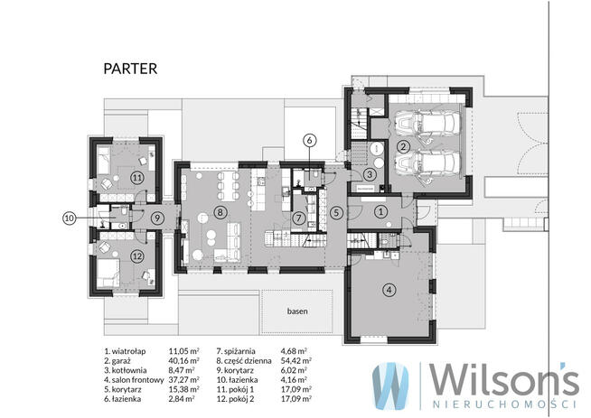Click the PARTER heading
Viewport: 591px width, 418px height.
pyautogui.click(x=130, y=69)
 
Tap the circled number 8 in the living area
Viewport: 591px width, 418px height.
pyautogui.click(x=220, y=212)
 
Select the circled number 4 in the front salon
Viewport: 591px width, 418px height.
pyautogui.click(x=389, y=290)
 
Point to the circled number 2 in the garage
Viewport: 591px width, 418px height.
pyautogui.click(x=403, y=146)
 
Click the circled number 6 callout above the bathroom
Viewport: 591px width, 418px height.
pyautogui.click(x=309, y=141)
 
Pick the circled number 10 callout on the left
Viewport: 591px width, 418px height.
pyautogui.click(x=69, y=218)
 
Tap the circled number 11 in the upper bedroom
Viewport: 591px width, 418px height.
pyautogui.click(x=136, y=177)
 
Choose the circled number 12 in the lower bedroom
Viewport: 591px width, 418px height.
pyautogui.click(x=136, y=256)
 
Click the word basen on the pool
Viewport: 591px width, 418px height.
pyautogui.click(x=297, y=311)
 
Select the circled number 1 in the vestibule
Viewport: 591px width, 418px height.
pyautogui.click(x=380, y=211)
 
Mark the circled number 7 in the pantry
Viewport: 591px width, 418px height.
pyautogui.click(x=299, y=218)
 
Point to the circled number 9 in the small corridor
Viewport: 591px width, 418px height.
pyautogui.click(x=157, y=218)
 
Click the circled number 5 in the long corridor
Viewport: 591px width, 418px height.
pyautogui.click(x=336, y=213)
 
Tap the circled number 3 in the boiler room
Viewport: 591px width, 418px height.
pyautogui.click(x=370, y=174)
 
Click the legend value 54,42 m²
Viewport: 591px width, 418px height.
pyautogui.click(x=296, y=361)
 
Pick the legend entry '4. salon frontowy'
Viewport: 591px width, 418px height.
pyautogui.click(x=134, y=380)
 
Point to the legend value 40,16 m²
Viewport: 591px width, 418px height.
pyautogui.click(x=184, y=361)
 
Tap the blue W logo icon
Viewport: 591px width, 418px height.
pyautogui.click(x=390, y=385)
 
